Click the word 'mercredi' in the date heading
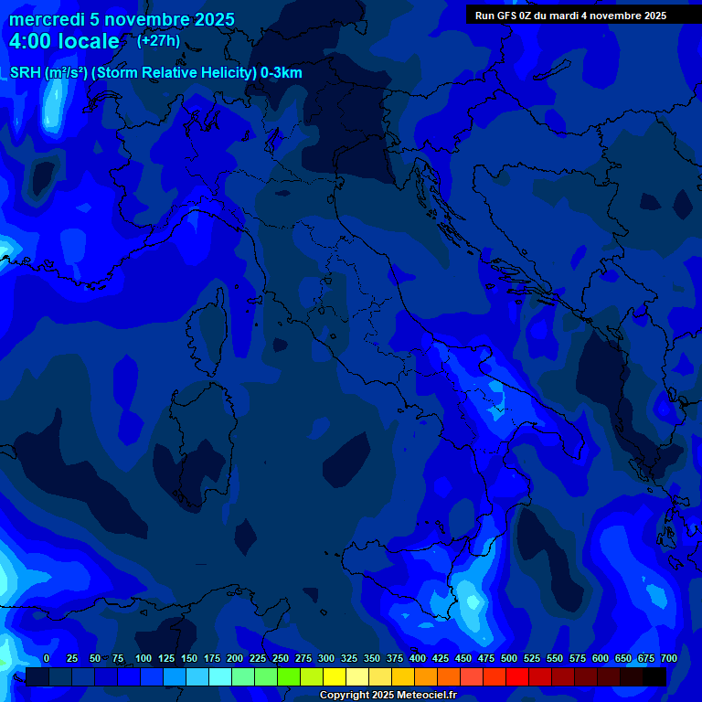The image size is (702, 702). point(46,20)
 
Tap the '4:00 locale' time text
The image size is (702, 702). point(64,41)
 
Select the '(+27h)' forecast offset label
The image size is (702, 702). point(158,40)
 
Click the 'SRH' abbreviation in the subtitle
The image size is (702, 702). point(25,73)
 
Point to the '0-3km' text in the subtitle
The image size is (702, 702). point(281,73)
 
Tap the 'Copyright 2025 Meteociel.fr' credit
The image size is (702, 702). point(388,695)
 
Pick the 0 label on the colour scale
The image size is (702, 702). point(47,658)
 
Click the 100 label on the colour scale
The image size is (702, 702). point(144,658)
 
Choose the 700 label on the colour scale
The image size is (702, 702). point(668,658)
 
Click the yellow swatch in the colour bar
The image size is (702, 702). point(335,677)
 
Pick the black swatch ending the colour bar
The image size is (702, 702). point(654,677)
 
